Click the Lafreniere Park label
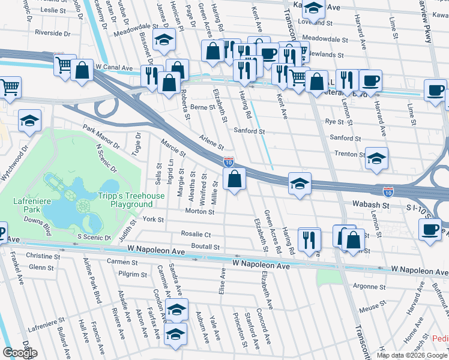point(24,205)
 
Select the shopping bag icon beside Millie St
point(234,178)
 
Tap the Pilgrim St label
point(133,274)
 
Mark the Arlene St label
point(211,142)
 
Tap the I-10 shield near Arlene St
point(228,161)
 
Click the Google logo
point(20,353)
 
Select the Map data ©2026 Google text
point(412,355)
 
